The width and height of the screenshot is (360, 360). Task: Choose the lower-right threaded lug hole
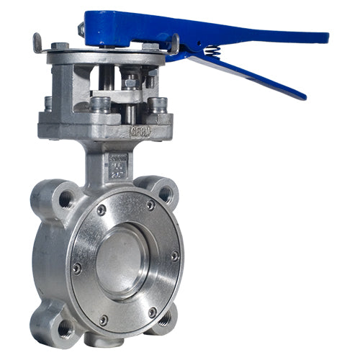tap(165, 317)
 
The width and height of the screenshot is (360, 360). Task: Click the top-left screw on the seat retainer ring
tap(102, 210)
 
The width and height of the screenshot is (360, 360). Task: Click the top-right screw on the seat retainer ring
tap(150, 205)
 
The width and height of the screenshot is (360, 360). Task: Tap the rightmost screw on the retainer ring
tap(175, 255)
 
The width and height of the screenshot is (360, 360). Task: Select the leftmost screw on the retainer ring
tap(77, 267)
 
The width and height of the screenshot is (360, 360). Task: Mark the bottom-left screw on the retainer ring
tap(104, 319)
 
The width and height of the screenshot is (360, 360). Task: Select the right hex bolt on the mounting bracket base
tap(159, 104)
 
